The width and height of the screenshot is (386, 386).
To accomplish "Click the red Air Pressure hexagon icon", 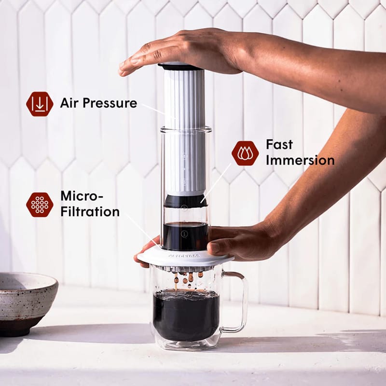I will (40, 104).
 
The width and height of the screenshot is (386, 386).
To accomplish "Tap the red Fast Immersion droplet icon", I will (245, 153).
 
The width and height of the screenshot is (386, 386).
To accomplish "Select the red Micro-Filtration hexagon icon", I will (40, 205).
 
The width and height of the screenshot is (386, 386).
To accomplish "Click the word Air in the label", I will (69, 103).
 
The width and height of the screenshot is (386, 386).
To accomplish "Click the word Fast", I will (279, 144).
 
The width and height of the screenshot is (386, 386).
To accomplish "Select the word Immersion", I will (300, 160).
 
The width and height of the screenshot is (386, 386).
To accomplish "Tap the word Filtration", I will (90, 211).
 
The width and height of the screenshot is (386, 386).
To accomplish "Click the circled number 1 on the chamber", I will (183, 234).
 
